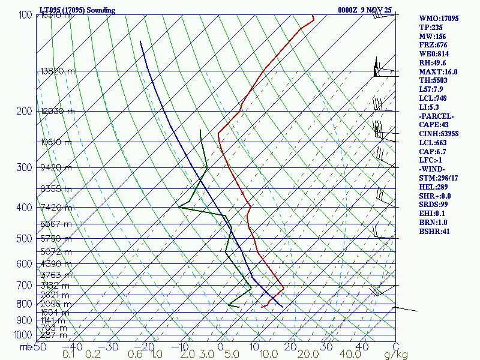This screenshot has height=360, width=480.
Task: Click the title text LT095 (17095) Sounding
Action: [x=73, y=10]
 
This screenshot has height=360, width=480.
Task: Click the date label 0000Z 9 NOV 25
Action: [x=364, y=10]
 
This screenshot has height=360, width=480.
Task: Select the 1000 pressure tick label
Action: [x=23, y=335]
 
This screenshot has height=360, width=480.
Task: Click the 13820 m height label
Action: [x=58, y=71]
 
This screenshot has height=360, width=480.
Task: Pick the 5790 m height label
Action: [x=55, y=239]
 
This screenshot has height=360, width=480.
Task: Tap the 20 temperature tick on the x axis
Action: [x=291, y=347]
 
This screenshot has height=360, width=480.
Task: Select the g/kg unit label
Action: [x=396, y=355]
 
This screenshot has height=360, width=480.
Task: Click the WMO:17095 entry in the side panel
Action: [x=439, y=19]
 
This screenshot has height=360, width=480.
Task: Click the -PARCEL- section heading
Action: [x=437, y=116]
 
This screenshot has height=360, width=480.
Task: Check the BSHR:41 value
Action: [x=434, y=231]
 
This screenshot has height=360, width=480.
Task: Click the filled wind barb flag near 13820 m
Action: [x=376, y=68]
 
